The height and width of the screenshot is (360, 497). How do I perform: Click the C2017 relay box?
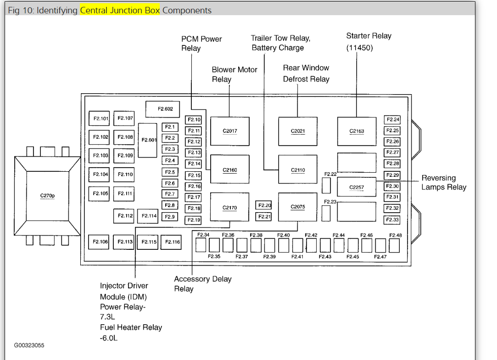click(x=230, y=131)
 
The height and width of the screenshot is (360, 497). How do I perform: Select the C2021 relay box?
click(x=298, y=131)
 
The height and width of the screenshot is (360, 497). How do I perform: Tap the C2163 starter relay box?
click(x=357, y=131)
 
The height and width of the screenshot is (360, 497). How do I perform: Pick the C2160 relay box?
click(x=230, y=170)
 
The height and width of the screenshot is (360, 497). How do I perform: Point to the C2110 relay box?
click(x=298, y=170)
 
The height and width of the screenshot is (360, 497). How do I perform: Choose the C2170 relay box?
click(x=230, y=208)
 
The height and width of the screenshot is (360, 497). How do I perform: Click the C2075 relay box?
click(x=298, y=207)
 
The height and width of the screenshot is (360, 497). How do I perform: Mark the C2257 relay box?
click(x=357, y=187)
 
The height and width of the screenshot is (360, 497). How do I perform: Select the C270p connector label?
click(x=48, y=196)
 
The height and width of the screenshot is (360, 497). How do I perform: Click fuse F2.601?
click(x=149, y=140)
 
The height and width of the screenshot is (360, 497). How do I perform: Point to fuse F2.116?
click(x=173, y=242)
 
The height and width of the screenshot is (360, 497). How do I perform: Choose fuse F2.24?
click(x=393, y=120)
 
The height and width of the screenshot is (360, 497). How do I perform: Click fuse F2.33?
click(x=392, y=220)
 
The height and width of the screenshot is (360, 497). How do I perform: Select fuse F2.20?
click(x=264, y=206)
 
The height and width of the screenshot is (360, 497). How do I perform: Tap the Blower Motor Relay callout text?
click(x=234, y=74)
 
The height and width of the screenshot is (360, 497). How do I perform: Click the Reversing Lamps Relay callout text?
click(x=443, y=182)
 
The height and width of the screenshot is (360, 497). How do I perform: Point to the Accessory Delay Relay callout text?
click(x=202, y=284)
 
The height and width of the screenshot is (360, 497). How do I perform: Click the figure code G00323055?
click(x=29, y=345)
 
